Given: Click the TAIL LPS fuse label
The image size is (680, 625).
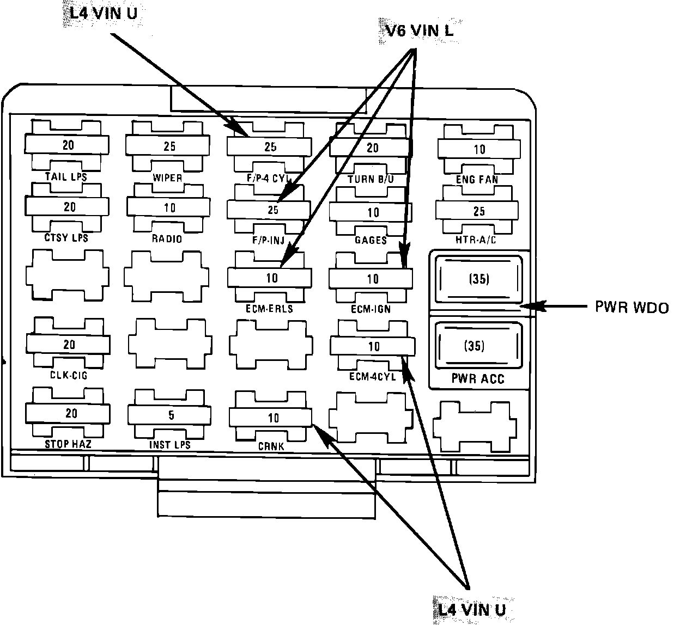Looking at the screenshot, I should coord(66,176).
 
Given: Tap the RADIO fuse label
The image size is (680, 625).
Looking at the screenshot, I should coord(167,238).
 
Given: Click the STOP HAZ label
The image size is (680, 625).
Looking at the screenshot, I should coord(68,444).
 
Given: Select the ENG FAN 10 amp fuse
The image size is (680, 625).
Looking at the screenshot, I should coord(478,149).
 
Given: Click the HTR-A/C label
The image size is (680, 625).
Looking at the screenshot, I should coord(476,240).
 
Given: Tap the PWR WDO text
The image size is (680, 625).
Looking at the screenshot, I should coord(631,308).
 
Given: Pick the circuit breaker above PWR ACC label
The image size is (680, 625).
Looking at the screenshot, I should coord(475,346).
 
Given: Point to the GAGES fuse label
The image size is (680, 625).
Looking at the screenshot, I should coord(371,240).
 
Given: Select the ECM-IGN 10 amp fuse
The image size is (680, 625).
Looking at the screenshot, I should coord(371,279).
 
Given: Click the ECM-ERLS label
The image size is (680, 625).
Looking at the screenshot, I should coord(269,309).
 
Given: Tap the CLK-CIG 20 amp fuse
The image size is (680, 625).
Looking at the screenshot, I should coord(69,344).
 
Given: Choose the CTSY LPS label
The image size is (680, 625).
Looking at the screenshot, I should coord(66,238).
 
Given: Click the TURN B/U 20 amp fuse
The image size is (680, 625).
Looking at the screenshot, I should coord(372,148).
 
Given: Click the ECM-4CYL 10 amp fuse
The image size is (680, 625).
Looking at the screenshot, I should coord(373,346).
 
